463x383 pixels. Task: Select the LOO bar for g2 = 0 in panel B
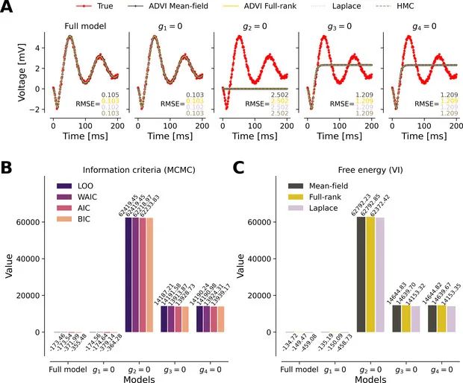pyautogui.click(x=129, y=275)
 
